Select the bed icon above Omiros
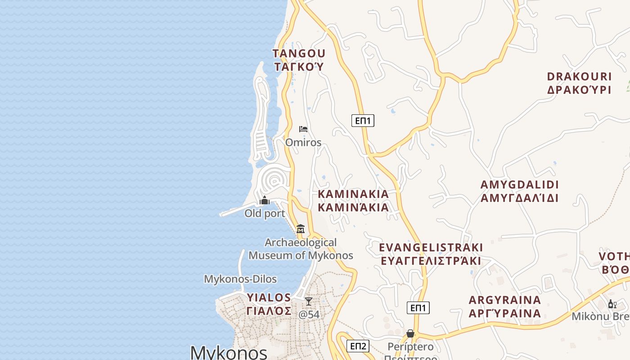[x=303, y=129]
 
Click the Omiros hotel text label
[x=303, y=143]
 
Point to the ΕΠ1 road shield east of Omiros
[x=363, y=121]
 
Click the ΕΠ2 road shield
[x=358, y=346]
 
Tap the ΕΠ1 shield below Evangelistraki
[x=418, y=308]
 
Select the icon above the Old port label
[x=265, y=200]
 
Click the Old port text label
[x=265, y=213]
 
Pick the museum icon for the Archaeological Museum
[x=301, y=229]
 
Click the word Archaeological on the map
[x=301, y=243]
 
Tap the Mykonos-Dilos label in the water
[x=240, y=279]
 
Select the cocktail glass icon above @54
[x=309, y=301]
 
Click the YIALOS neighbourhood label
[x=269, y=298]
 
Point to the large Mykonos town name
[x=229, y=352]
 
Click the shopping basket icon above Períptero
[x=410, y=333]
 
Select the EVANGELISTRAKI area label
[x=431, y=248]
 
